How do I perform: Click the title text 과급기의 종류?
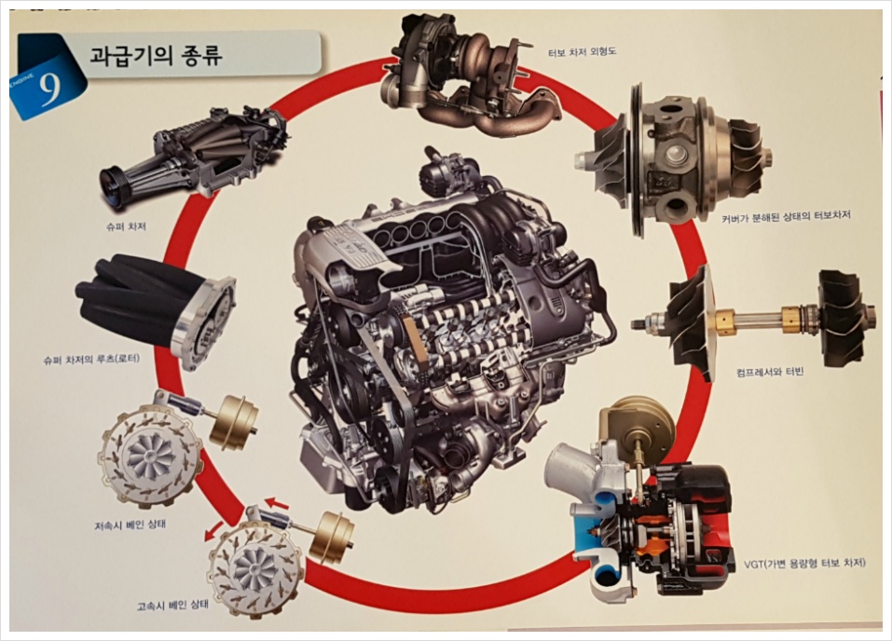tap(156, 56)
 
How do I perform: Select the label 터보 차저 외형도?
tap(582, 52)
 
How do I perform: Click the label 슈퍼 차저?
tap(126, 226)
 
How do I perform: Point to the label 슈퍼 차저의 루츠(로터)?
tap(91, 360)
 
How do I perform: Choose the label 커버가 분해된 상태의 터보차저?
tap(786, 216)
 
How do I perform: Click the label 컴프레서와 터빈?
tap(769, 373)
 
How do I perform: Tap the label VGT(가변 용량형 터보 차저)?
tap(804, 564)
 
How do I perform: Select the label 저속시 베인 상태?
tap(130, 525)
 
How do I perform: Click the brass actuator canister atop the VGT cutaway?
tap(638, 426)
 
